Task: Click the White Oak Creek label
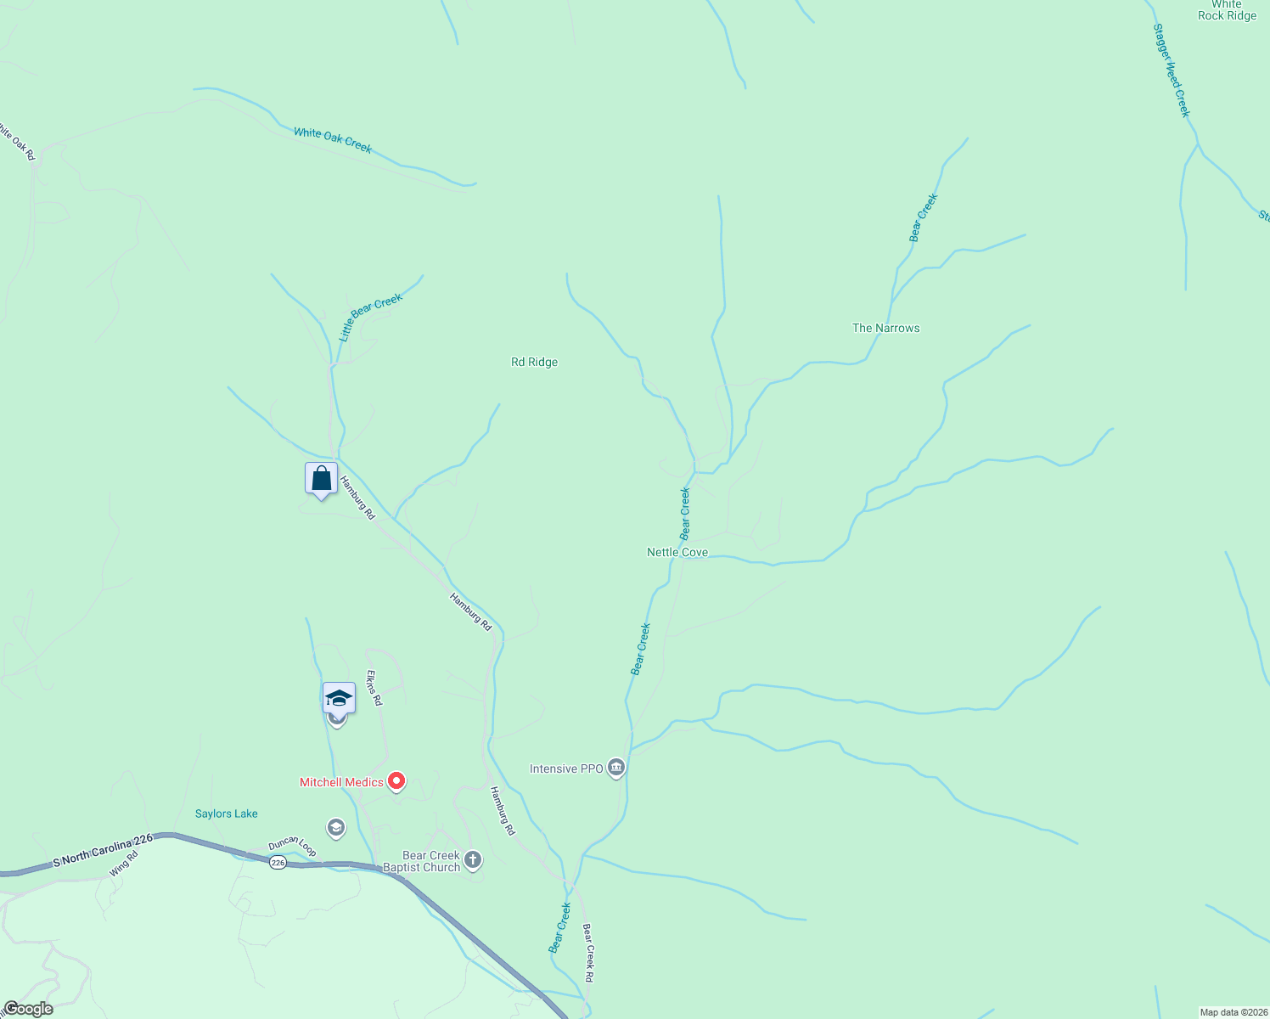(x=333, y=139)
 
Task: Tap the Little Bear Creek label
(x=370, y=317)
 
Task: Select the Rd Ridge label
(x=534, y=362)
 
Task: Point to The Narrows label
(x=885, y=328)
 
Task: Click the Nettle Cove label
(x=677, y=552)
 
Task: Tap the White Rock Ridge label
(x=1227, y=10)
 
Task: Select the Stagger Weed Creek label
(x=1172, y=70)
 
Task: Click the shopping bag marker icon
(x=321, y=478)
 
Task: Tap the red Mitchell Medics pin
(x=396, y=780)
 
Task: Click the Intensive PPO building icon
(x=617, y=768)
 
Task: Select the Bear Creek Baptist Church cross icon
(x=474, y=860)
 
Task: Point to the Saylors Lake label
(x=226, y=814)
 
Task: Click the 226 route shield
(x=278, y=862)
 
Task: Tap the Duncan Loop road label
(x=292, y=847)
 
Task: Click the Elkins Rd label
(x=374, y=688)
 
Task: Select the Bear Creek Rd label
(x=588, y=953)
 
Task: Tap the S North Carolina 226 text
(x=103, y=850)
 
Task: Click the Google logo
(x=28, y=1009)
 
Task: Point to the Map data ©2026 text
(x=1233, y=1012)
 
